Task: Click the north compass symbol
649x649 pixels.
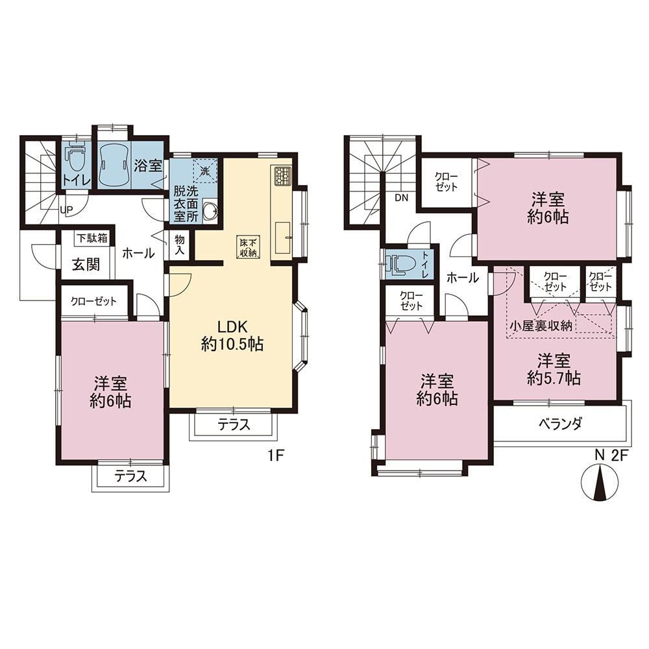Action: (x=599, y=483)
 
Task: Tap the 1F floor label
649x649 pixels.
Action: (x=275, y=456)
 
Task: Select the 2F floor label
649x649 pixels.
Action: (x=620, y=456)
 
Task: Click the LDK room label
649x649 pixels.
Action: (x=232, y=327)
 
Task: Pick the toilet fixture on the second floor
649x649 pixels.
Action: (x=398, y=263)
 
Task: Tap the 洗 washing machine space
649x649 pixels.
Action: (x=205, y=171)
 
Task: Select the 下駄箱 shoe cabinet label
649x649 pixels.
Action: (x=92, y=238)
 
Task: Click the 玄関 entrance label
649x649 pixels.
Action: (x=86, y=264)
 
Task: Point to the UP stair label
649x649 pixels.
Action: (x=66, y=210)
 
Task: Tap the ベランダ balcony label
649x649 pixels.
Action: (x=561, y=423)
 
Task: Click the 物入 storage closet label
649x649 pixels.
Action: (x=180, y=245)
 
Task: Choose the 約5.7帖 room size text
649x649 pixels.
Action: (x=554, y=378)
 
